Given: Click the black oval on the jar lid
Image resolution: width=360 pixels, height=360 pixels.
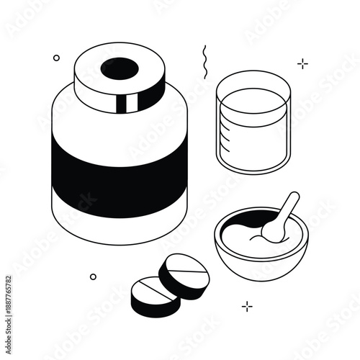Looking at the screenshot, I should [x=119, y=68].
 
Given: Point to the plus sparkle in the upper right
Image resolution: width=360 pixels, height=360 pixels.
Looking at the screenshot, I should [x=302, y=64].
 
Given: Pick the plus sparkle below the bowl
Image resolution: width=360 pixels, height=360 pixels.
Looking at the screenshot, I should [x=247, y=306].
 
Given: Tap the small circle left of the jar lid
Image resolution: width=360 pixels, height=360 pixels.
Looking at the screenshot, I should [x=57, y=58].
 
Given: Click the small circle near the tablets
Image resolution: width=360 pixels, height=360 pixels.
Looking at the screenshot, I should [x=93, y=276].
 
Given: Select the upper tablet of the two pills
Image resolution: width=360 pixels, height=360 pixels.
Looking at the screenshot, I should [x=185, y=271].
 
